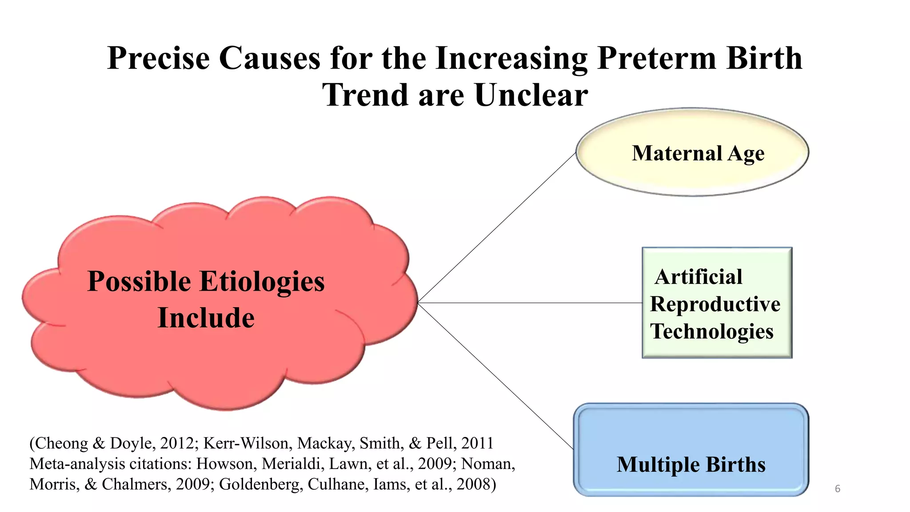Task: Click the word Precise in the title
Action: click(158, 58)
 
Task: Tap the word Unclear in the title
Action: click(531, 96)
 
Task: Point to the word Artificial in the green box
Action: click(698, 277)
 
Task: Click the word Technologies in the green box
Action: click(712, 332)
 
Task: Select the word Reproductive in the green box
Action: click(715, 304)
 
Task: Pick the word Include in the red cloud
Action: click(206, 318)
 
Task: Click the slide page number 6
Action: click(838, 489)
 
